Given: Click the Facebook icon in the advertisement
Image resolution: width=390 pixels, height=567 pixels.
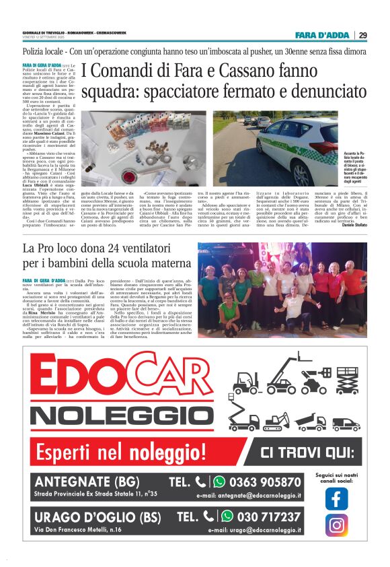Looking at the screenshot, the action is [336, 498].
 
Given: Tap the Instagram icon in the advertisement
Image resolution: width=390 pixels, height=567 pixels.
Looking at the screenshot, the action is [336, 525].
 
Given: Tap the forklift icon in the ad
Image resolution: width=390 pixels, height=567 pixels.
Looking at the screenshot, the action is [245, 385].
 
